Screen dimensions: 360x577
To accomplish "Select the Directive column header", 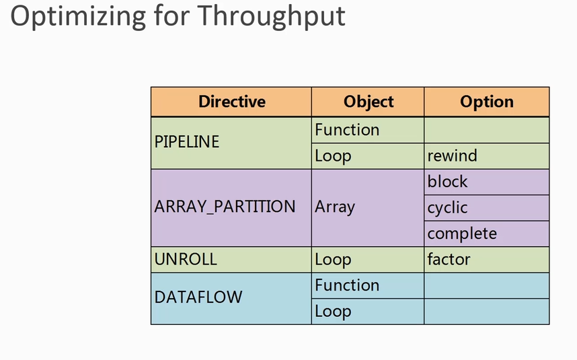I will pyautogui.click(x=231, y=102).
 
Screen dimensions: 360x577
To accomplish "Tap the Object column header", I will pyautogui.click(x=368, y=102).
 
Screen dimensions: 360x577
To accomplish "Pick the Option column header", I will pyautogui.click(x=486, y=102).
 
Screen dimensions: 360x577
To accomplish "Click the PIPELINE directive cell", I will pyautogui.click(x=187, y=143).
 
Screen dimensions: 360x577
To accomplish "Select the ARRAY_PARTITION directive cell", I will pyautogui.click(x=225, y=207).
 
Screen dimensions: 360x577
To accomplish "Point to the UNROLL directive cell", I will pyautogui.click(x=186, y=260).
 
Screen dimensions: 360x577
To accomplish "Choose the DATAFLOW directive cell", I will pyautogui.click(x=198, y=297).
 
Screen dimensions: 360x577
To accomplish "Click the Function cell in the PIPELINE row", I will pyautogui.click(x=347, y=130).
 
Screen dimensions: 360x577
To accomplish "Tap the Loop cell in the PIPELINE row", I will pyautogui.click(x=333, y=156).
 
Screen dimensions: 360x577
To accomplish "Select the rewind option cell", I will pyautogui.click(x=452, y=156).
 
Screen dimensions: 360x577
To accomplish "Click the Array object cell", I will pyautogui.click(x=334, y=207).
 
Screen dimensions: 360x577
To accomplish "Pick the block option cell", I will pyautogui.click(x=447, y=182).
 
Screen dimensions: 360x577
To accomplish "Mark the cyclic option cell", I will pyautogui.click(x=447, y=208).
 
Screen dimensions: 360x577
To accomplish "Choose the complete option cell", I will pyautogui.click(x=462, y=233).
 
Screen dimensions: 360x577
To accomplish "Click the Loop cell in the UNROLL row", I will pyautogui.click(x=333, y=260).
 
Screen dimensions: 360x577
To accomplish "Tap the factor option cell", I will pyautogui.click(x=449, y=260).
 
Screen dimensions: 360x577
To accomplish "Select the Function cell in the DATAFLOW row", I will pyautogui.click(x=347, y=285).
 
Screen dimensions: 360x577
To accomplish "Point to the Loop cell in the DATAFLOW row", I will pyautogui.click(x=333, y=312).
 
